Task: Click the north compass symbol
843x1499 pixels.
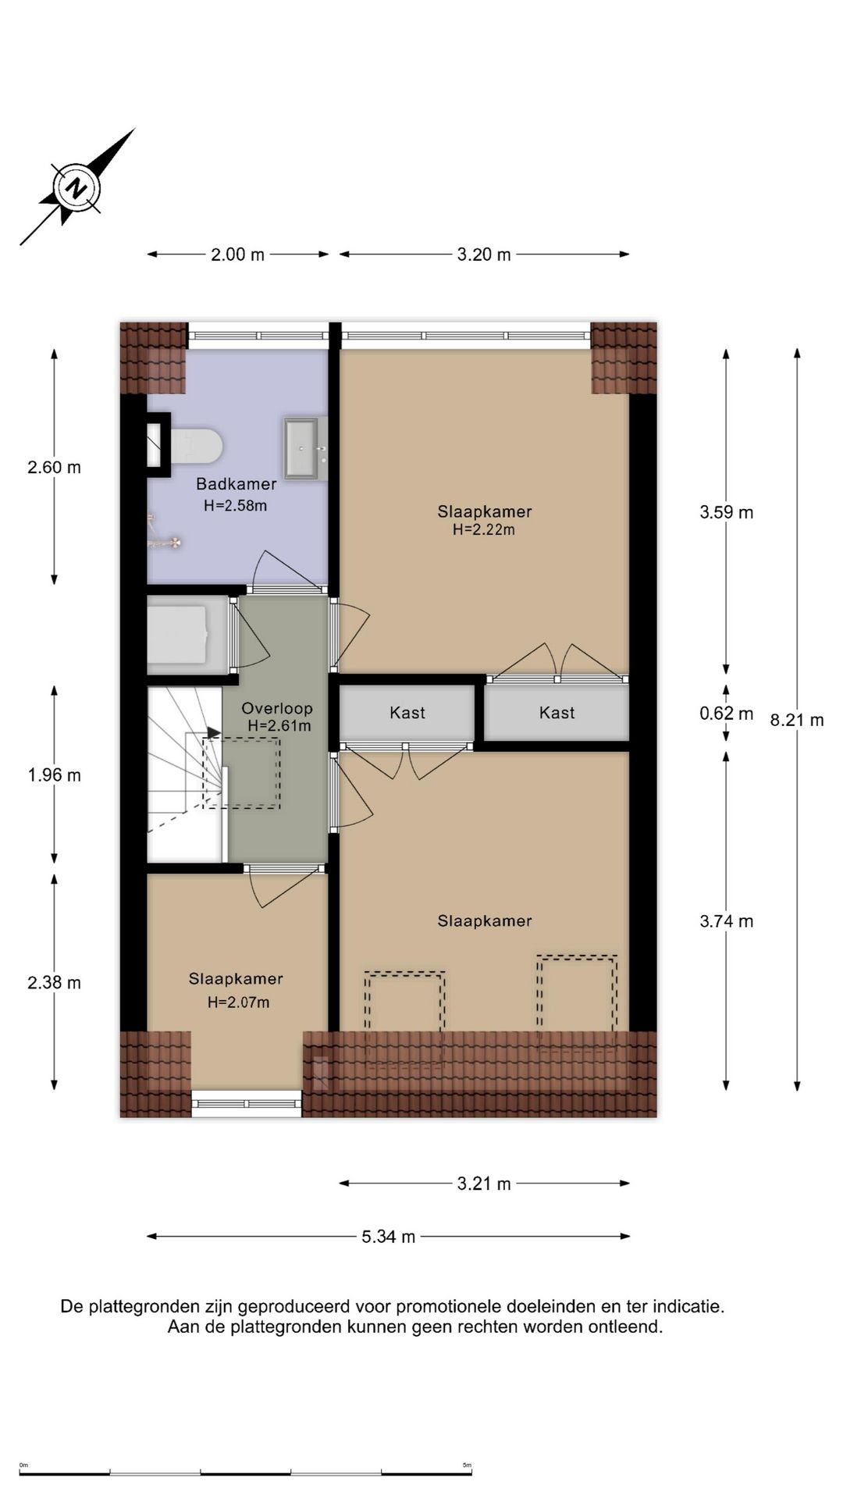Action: (x=76, y=187)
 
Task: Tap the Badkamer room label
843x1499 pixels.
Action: (x=236, y=484)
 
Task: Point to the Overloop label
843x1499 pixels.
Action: (x=277, y=709)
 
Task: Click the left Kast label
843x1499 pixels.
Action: (x=407, y=713)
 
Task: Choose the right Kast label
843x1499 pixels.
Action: (x=557, y=713)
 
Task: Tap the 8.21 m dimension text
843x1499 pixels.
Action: (x=797, y=720)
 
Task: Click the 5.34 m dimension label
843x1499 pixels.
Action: (x=389, y=1237)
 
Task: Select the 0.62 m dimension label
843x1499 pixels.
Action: (x=727, y=714)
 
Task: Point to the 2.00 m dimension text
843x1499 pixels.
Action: (x=238, y=255)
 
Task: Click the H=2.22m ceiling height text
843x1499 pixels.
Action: (x=484, y=530)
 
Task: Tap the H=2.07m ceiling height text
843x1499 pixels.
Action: (x=238, y=1002)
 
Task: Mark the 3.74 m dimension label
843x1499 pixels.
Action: (x=727, y=921)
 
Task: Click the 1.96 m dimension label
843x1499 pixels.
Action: (x=55, y=775)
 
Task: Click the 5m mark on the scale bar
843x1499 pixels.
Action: (x=467, y=1465)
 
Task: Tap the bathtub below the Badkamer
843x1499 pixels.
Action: (x=188, y=635)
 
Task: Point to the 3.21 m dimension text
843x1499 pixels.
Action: (x=484, y=1184)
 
